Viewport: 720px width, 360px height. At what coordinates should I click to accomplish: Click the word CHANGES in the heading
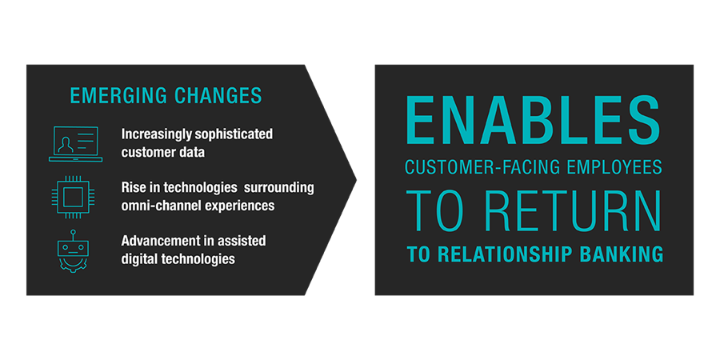pos(218,95)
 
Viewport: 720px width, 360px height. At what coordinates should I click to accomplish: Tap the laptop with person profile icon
pos(76,144)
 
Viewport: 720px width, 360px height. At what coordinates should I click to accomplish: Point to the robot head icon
pos(73,252)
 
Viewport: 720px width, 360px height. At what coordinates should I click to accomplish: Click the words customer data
pos(163,152)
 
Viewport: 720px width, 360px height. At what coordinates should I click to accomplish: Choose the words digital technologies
pos(178,258)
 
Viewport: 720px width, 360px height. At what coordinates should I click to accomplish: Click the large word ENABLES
pos(533,119)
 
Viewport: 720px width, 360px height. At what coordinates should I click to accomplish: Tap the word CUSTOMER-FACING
pos(484,166)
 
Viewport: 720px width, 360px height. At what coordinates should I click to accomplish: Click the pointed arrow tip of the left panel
pos(356,179)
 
